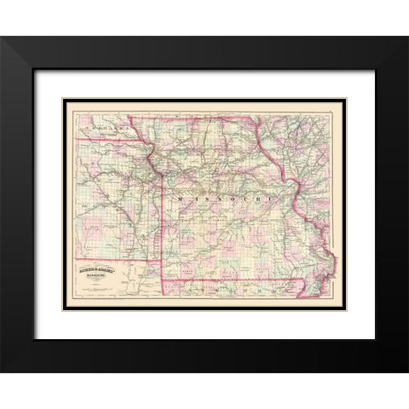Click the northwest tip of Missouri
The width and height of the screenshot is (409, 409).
point(129,117)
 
